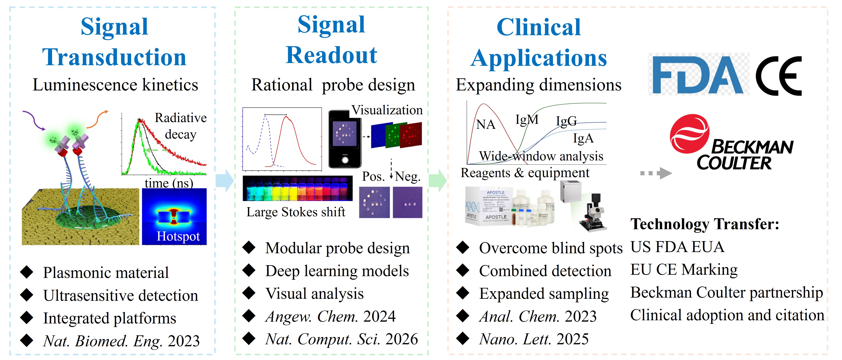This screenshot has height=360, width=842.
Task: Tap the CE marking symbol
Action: click(779, 76)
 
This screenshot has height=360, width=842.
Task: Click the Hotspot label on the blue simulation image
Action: click(178, 236)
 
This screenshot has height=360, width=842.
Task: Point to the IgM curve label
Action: click(527, 120)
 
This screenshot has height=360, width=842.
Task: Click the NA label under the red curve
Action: click(486, 125)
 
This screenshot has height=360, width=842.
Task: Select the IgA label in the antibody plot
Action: click(583, 138)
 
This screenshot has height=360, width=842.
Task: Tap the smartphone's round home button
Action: click(345, 160)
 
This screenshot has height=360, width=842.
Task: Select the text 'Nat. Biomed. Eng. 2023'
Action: click(121, 341)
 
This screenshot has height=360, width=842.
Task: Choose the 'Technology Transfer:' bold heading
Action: click(704, 224)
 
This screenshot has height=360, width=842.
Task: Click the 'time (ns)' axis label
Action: click(169, 183)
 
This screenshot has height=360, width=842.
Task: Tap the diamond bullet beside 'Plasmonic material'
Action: click(27, 272)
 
